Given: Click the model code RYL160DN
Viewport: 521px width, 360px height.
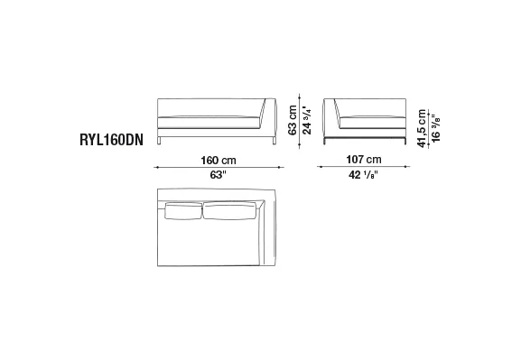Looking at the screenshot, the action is pos(112,140).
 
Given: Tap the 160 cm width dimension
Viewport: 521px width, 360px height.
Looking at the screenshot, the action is pos(219,161).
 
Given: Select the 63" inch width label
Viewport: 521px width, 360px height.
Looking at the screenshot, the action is pos(218,175).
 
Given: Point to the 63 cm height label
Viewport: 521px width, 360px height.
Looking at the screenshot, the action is pos(293,120).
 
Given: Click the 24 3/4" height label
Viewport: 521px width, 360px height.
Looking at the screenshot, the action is pos(307,121).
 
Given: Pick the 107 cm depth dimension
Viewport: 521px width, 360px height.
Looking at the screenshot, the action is pos(364,160).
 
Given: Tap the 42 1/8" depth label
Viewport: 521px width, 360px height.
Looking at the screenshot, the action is pos(363,174).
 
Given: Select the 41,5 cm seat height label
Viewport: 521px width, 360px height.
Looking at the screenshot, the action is pos(422,128).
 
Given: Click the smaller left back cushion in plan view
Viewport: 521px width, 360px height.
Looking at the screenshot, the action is pos(183,211).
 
